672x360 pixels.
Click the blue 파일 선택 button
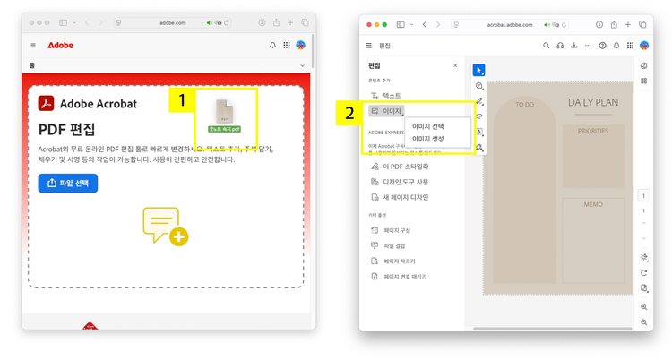(x=68, y=184)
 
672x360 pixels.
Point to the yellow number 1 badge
(x=182, y=101)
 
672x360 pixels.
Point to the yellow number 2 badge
(x=349, y=114)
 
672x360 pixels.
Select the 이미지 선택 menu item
(x=427, y=126)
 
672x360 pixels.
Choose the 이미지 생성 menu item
(x=427, y=139)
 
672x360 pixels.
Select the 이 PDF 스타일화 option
(x=406, y=167)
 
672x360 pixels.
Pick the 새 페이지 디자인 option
(x=406, y=197)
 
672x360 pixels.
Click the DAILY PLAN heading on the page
(x=593, y=103)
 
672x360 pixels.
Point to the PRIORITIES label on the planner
(x=593, y=131)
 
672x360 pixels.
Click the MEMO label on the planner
(x=593, y=205)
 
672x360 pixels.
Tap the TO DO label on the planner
(x=524, y=105)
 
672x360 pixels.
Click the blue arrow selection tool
(x=479, y=70)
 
